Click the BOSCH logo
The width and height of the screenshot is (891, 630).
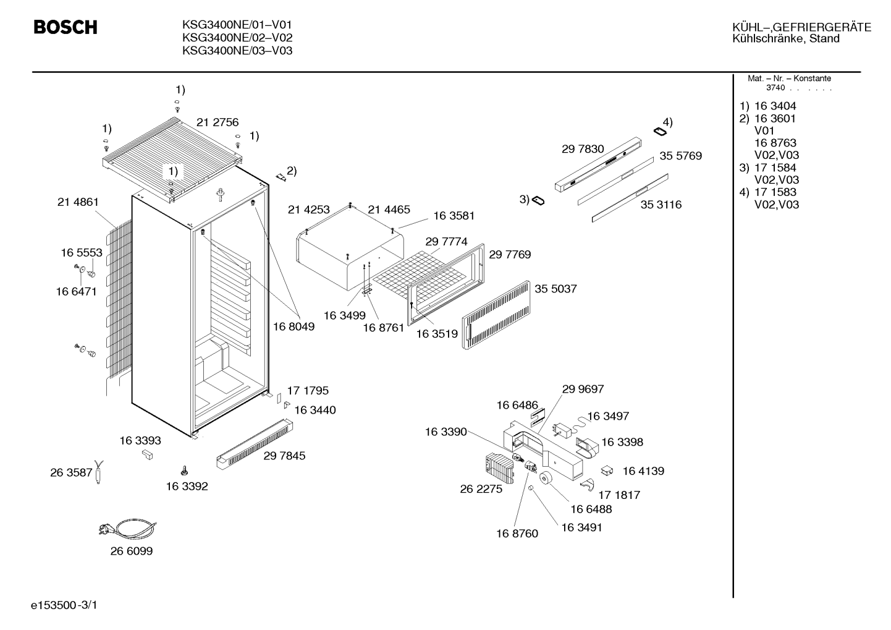click(65, 27)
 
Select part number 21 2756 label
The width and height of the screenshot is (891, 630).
click(217, 122)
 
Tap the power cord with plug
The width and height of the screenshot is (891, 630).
click(127, 529)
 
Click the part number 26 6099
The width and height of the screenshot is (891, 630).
click(132, 551)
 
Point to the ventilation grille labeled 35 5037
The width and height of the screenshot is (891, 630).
click(496, 315)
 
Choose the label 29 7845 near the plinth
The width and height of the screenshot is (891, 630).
click(284, 456)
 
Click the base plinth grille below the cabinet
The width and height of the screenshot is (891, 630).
click(255, 444)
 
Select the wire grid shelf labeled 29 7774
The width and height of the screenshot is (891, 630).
click(420, 275)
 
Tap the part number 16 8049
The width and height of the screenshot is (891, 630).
click(293, 326)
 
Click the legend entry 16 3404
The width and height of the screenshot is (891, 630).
click(775, 106)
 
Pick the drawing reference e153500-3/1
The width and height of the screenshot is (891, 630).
click(64, 605)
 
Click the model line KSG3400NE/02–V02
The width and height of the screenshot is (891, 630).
click(237, 38)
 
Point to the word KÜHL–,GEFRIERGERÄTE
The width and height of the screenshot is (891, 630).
click(802, 27)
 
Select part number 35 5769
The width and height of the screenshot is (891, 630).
click(680, 156)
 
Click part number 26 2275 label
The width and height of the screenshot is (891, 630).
click(481, 489)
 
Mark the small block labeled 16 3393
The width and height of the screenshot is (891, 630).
click(147, 454)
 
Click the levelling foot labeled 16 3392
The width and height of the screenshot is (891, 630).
click(184, 470)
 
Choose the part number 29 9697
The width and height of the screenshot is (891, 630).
click(583, 389)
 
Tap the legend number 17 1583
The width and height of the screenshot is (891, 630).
click(775, 192)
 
